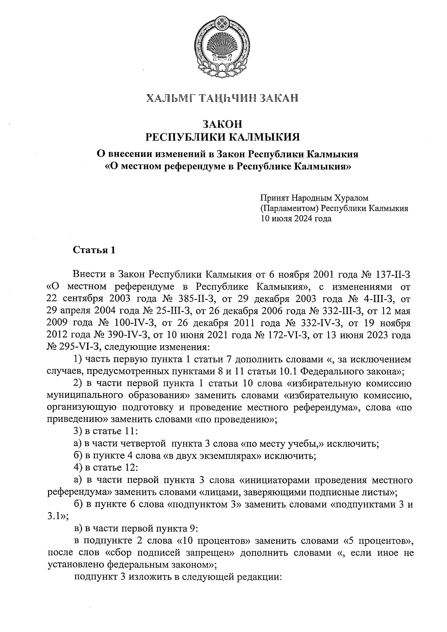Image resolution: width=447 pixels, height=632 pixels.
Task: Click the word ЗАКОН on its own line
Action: click(222, 123)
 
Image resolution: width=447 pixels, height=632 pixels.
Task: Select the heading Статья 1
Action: click(94, 250)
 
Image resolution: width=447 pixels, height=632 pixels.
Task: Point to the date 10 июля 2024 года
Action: click(296, 219)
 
